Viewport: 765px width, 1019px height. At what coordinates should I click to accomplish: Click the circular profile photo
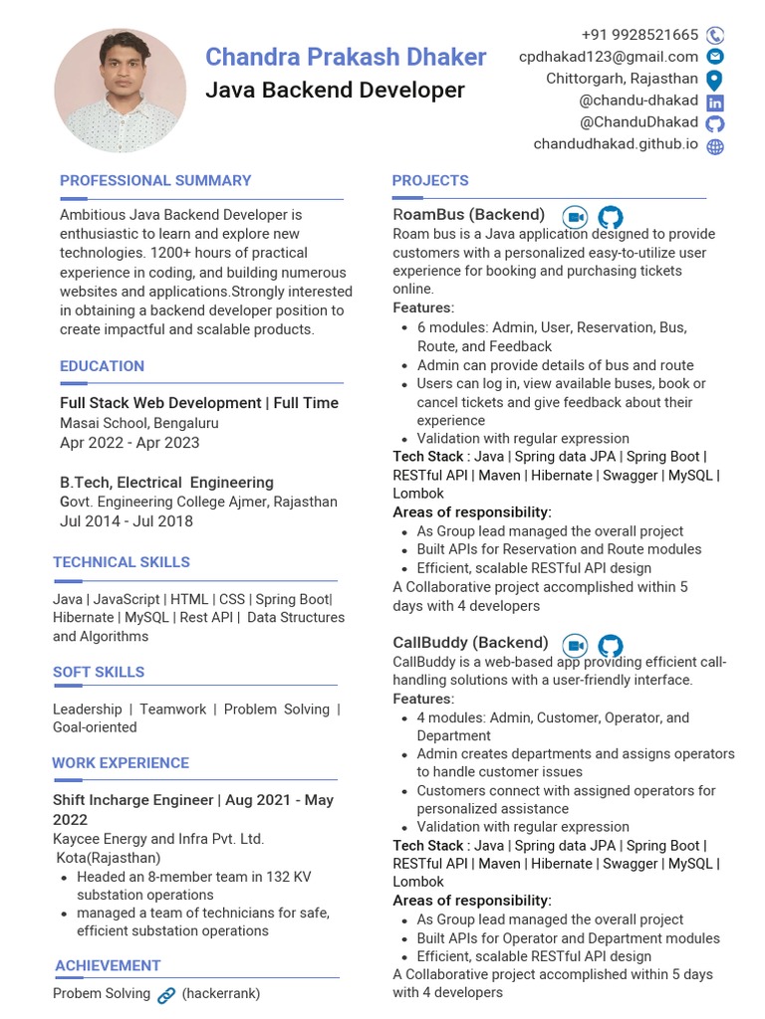[120, 91]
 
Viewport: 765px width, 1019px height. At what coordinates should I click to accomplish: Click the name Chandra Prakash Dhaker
[346, 57]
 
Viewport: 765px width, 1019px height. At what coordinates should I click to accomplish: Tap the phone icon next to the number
[715, 35]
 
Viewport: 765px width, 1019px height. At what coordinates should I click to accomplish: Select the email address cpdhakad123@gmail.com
[608, 57]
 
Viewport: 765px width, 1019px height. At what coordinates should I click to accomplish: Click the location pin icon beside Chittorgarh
[714, 80]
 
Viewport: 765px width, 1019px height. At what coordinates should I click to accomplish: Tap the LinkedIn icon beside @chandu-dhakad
[715, 102]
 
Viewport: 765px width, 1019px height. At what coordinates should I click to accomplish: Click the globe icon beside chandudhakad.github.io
[715, 146]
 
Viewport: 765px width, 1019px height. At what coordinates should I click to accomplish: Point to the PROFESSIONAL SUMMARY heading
[155, 180]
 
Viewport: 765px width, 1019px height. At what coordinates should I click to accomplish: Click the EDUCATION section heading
[102, 366]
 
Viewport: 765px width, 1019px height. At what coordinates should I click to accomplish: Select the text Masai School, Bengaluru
[139, 423]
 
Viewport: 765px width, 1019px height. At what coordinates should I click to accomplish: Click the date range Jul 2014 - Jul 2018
[127, 520]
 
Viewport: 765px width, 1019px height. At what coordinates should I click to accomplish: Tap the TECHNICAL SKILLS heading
[122, 562]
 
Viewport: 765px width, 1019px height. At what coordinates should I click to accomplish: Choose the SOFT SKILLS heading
[99, 672]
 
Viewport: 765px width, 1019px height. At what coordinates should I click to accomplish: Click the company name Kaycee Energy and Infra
[158, 839]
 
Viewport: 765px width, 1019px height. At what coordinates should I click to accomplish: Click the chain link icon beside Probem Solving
[166, 994]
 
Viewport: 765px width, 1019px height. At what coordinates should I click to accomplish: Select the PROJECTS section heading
[430, 180]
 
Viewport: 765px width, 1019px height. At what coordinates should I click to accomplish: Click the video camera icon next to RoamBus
[575, 217]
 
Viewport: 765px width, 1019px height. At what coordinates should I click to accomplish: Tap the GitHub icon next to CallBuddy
[610, 645]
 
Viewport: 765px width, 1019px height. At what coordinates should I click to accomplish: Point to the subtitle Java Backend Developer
[335, 91]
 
